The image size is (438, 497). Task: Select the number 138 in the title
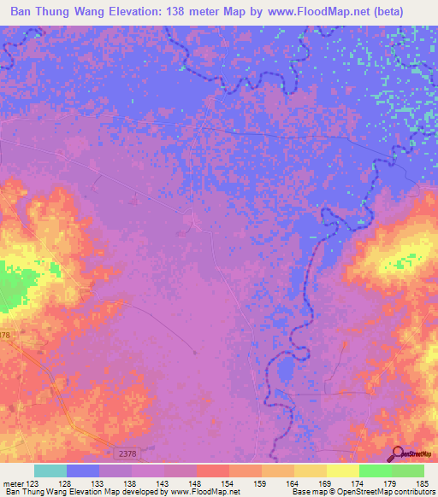click(186, 9)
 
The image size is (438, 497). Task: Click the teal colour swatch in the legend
click(50, 471)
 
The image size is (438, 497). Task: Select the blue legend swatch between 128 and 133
click(83, 471)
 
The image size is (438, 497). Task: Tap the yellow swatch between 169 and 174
click(343, 471)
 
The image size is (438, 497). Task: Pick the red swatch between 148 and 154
click(213, 471)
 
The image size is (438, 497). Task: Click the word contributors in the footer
click(412, 493)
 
